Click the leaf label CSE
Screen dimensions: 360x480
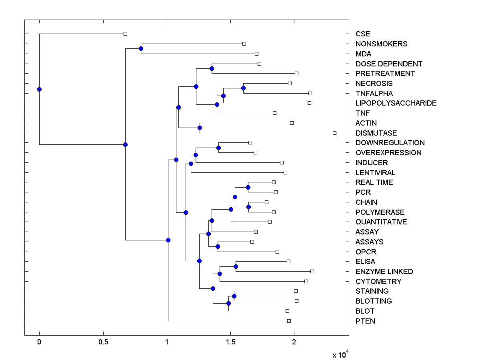(x=363, y=34)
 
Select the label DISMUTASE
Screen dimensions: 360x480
(x=376, y=133)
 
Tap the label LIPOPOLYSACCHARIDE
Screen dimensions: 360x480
(x=396, y=103)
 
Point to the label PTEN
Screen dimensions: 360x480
(x=365, y=321)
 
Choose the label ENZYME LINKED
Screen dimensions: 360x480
(x=384, y=271)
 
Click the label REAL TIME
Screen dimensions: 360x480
(x=374, y=182)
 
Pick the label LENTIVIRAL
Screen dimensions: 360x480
(x=375, y=172)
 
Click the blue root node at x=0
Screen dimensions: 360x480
(x=39, y=89)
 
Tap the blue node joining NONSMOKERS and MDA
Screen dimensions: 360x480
(x=141, y=48)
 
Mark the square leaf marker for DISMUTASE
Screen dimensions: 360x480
(x=335, y=133)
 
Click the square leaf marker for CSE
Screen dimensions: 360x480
(x=125, y=34)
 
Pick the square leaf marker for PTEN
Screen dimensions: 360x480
(x=289, y=321)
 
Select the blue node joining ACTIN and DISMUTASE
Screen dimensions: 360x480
(x=200, y=128)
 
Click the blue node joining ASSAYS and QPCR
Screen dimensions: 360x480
(x=218, y=246)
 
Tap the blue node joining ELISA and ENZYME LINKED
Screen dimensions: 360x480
(x=236, y=266)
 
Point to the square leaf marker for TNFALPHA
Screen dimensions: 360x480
(x=310, y=93)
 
